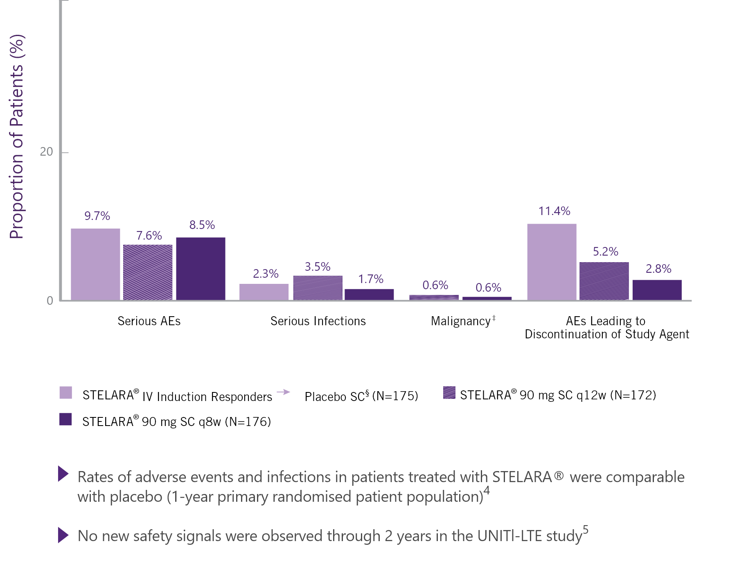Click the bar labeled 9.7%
click(95, 264)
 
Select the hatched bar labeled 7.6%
click(148, 272)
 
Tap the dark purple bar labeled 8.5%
click(201, 268)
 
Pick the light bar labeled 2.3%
click(264, 292)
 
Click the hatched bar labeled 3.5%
click(318, 288)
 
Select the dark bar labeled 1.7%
click(369, 294)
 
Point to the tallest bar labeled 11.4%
click(552, 262)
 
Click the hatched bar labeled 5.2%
click(604, 281)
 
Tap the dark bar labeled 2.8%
click(657, 290)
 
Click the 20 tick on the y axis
click(47, 152)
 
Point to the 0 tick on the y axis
click(50, 301)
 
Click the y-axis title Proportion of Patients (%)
click(17, 137)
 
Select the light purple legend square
click(65, 392)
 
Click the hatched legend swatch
click(449, 392)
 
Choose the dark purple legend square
click(65, 419)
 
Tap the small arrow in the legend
click(284, 392)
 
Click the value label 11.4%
click(554, 211)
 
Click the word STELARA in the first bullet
click(522, 477)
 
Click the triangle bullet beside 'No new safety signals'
click(63, 535)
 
